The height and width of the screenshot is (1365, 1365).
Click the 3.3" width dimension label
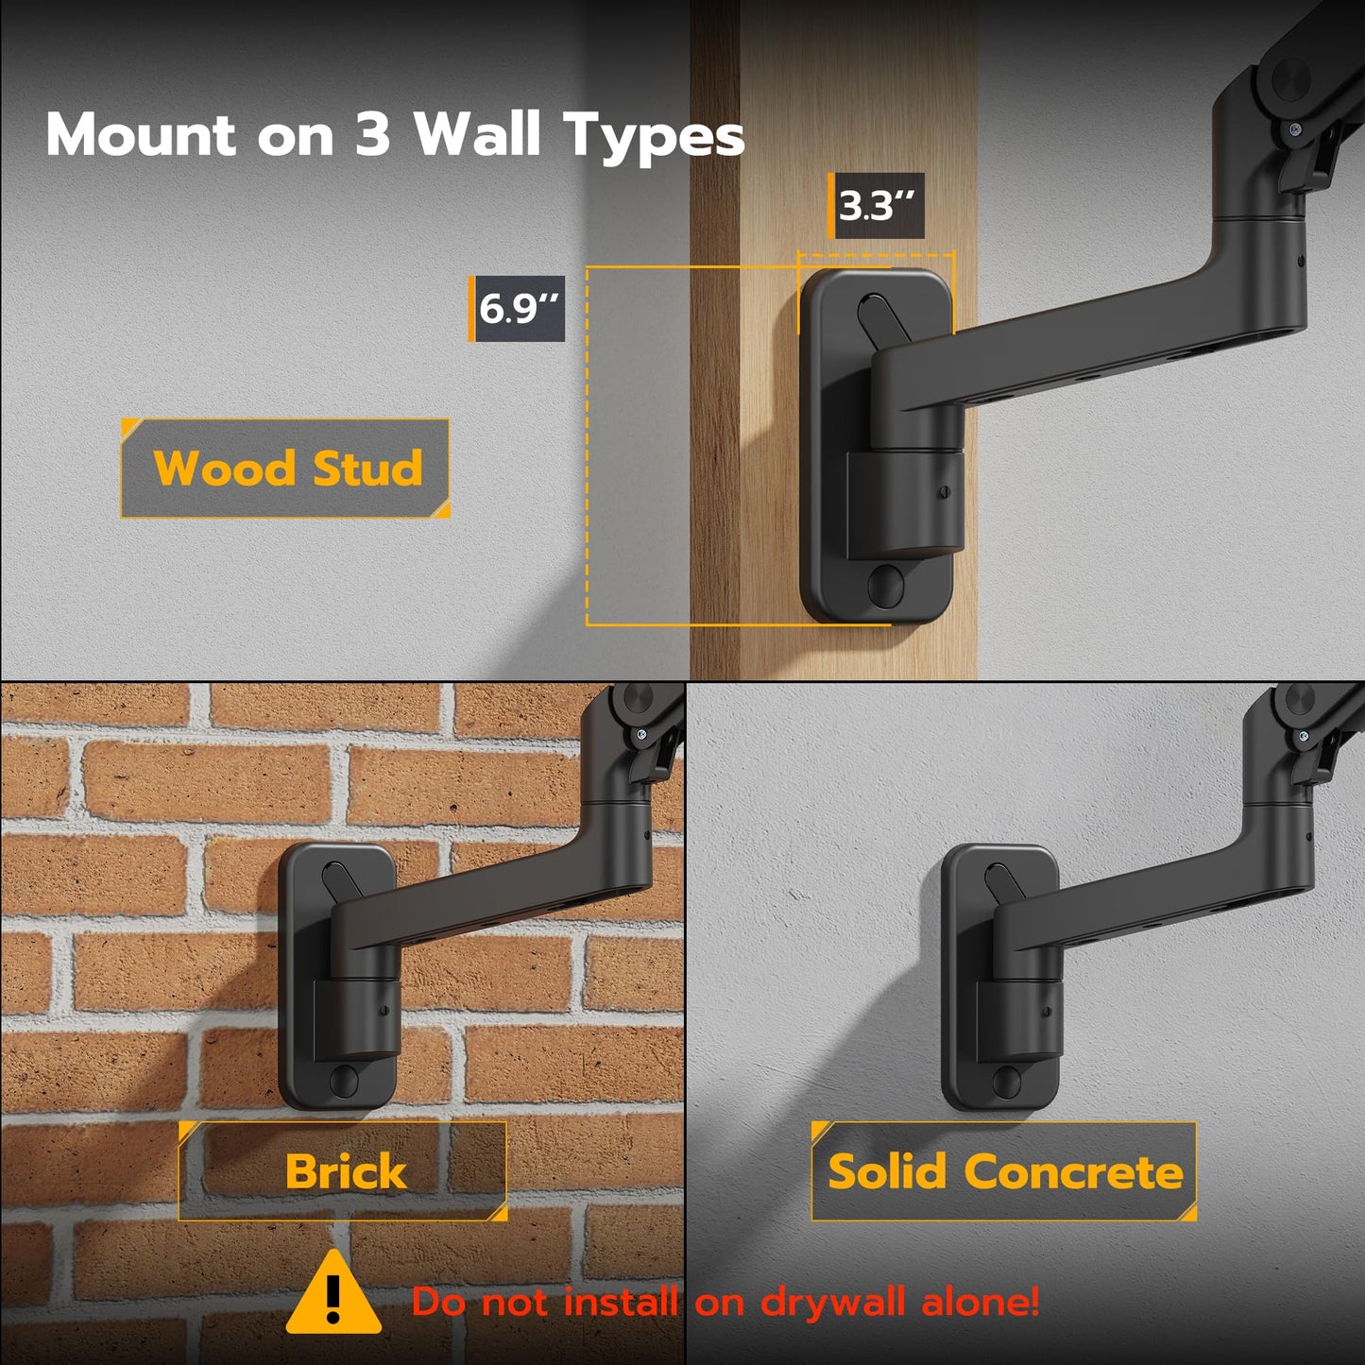(x=877, y=205)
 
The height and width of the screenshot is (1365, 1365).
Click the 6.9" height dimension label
(x=518, y=308)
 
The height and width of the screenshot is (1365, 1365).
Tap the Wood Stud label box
(x=285, y=469)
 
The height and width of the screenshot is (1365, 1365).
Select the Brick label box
(x=344, y=1171)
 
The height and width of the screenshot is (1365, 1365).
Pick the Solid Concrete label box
(x=1004, y=1171)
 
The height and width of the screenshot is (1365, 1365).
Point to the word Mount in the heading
(x=140, y=134)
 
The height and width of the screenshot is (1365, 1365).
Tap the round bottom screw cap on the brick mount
(x=345, y=1079)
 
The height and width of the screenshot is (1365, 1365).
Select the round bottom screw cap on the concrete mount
(x=1007, y=1079)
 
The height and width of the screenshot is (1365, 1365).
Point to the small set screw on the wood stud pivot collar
(x=943, y=491)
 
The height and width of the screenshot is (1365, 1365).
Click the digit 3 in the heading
(x=372, y=134)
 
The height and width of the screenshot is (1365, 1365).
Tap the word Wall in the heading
(x=477, y=134)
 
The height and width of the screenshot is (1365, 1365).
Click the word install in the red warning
(x=621, y=1303)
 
